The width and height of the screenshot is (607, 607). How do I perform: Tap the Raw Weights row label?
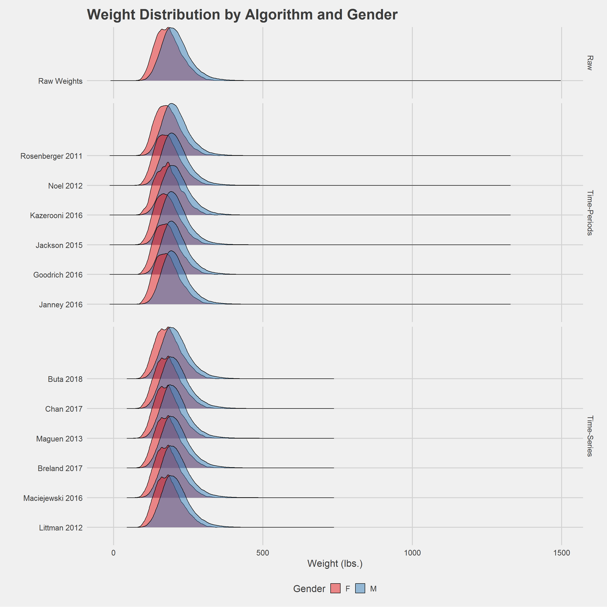pyautogui.click(x=60, y=81)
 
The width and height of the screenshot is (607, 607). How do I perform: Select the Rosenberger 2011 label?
pyautogui.click(x=51, y=156)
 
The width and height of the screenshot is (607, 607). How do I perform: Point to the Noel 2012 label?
pyautogui.click(x=65, y=186)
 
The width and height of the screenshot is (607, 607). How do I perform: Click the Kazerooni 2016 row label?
pyautogui.click(x=56, y=215)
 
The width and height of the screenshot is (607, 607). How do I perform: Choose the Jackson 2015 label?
pyautogui.click(x=59, y=245)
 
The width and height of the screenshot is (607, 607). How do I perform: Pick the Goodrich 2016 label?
pyautogui.click(x=58, y=275)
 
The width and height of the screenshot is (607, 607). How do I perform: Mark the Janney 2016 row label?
pyautogui.click(x=61, y=304)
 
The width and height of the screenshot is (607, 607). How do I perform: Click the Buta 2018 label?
pyautogui.click(x=65, y=379)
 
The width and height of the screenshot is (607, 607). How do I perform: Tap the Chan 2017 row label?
pyautogui.click(x=64, y=409)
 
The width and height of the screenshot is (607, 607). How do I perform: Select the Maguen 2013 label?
pyautogui.click(x=59, y=439)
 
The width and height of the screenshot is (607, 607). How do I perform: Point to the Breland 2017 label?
pyautogui.click(x=60, y=468)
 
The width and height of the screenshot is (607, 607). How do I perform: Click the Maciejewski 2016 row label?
pyautogui.click(x=53, y=498)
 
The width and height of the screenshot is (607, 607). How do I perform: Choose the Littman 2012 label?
pyautogui.click(x=61, y=528)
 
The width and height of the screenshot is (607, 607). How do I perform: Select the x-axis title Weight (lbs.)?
pyautogui.click(x=335, y=564)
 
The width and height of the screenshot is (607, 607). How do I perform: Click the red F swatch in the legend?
pyautogui.click(x=336, y=588)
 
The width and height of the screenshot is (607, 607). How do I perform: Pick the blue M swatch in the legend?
pyautogui.click(x=360, y=588)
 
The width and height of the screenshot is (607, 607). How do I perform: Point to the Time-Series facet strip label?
pyautogui.click(x=590, y=436)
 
